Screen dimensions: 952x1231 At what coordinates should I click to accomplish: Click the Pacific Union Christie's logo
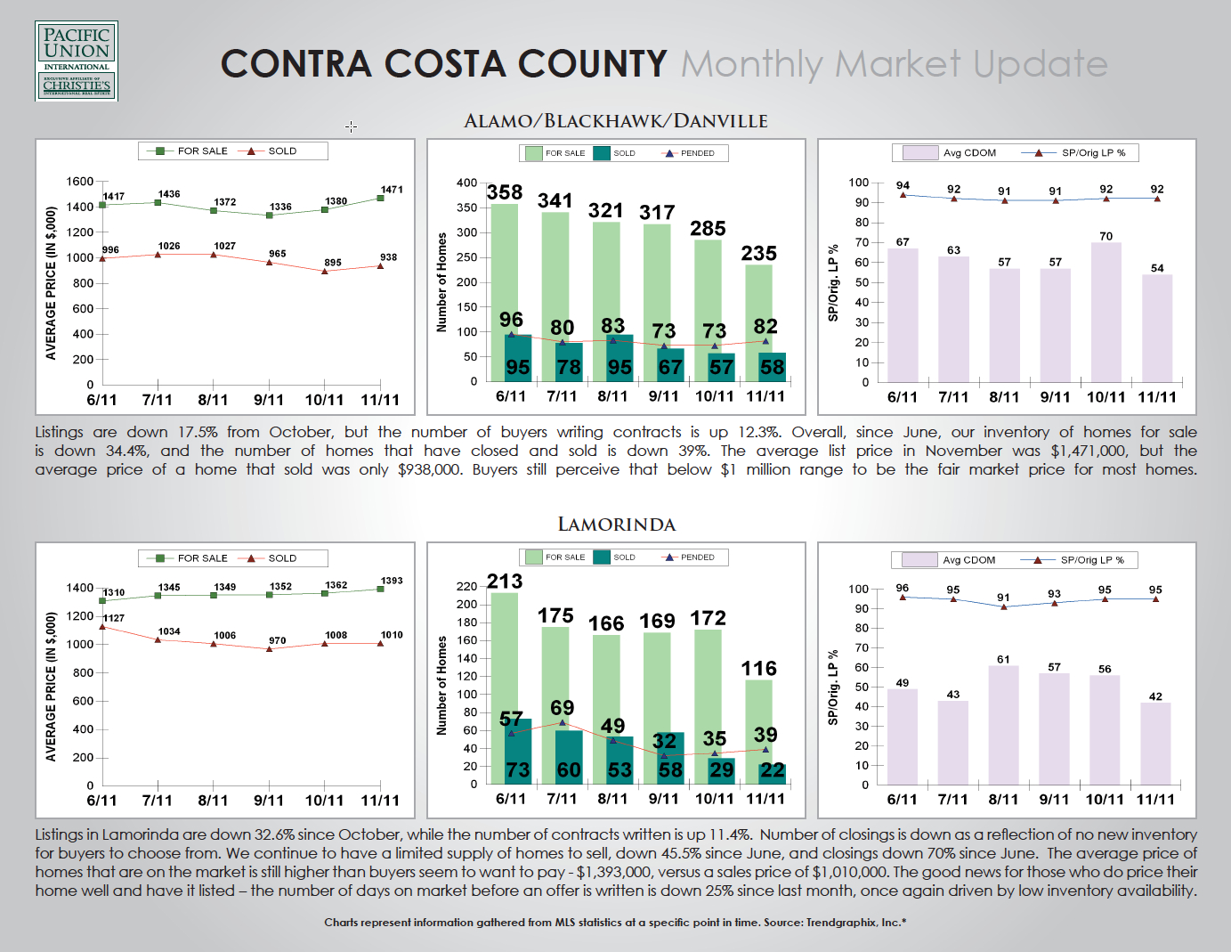click(x=77, y=61)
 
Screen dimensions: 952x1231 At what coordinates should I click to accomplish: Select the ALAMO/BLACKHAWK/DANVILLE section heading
click(x=615, y=121)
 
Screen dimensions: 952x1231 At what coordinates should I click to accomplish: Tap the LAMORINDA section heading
click(x=616, y=525)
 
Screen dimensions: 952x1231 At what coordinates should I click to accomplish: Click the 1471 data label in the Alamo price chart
click(x=392, y=190)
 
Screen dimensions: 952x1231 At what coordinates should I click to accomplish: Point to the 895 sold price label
click(x=333, y=263)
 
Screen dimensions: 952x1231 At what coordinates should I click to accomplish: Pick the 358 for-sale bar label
click(x=505, y=192)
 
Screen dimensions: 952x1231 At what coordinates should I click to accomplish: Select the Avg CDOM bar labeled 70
click(x=1105, y=312)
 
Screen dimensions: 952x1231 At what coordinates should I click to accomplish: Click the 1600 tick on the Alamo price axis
click(x=80, y=182)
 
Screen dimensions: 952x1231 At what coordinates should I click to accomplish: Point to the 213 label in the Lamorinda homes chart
click(x=505, y=582)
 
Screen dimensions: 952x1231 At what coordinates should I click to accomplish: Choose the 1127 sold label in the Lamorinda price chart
click(x=114, y=618)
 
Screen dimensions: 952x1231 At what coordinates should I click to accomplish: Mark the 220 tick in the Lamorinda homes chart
click(x=466, y=586)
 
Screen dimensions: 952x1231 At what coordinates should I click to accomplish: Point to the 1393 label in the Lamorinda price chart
click(x=392, y=581)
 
